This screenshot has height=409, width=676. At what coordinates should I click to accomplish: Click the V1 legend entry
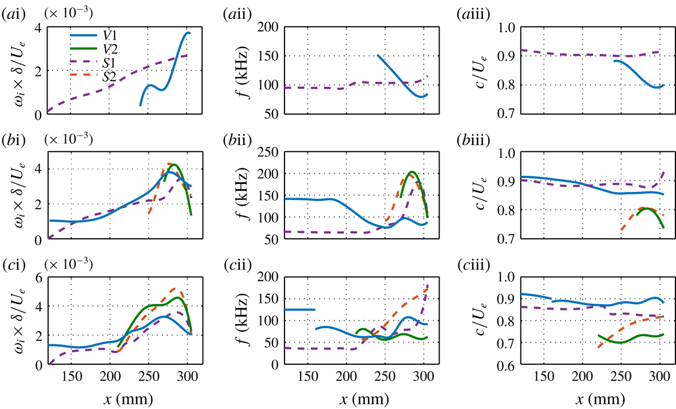(x=102, y=36)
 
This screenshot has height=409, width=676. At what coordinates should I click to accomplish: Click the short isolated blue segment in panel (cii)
(x=300, y=309)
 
